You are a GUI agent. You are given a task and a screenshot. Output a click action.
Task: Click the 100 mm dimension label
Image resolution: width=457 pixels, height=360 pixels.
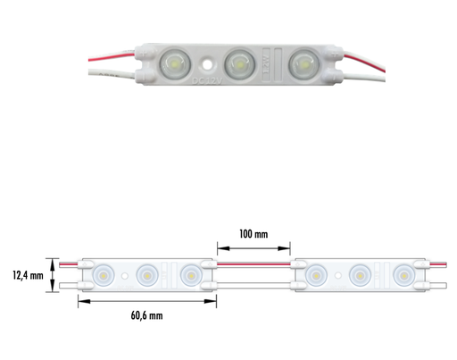click(254, 234)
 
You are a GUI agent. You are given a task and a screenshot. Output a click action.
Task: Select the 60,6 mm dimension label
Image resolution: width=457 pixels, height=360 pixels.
click(145, 314)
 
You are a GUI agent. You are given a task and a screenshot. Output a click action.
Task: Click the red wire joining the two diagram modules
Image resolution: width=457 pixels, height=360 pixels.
click(254, 265)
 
